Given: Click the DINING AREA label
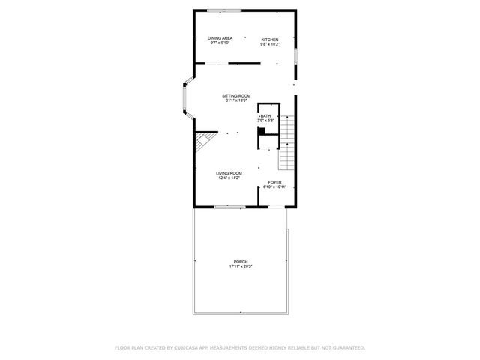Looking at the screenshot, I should tap(220, 38).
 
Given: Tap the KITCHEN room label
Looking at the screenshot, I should tap(270, 39).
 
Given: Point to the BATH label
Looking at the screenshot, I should tap(266, 115).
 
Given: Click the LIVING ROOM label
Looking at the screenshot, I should tap(229, 173).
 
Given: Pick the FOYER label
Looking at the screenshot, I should tap(275, 182).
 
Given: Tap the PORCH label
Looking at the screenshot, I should tap(240, 262).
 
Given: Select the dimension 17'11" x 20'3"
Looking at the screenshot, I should tap(240, 266).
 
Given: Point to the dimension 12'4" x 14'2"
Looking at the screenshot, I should tap(229, 178).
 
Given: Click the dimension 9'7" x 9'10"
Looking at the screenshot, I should tap(220, 43).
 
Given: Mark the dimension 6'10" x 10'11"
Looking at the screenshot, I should tap(275, 187).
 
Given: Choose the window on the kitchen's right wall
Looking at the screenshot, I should tap(297, 56).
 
